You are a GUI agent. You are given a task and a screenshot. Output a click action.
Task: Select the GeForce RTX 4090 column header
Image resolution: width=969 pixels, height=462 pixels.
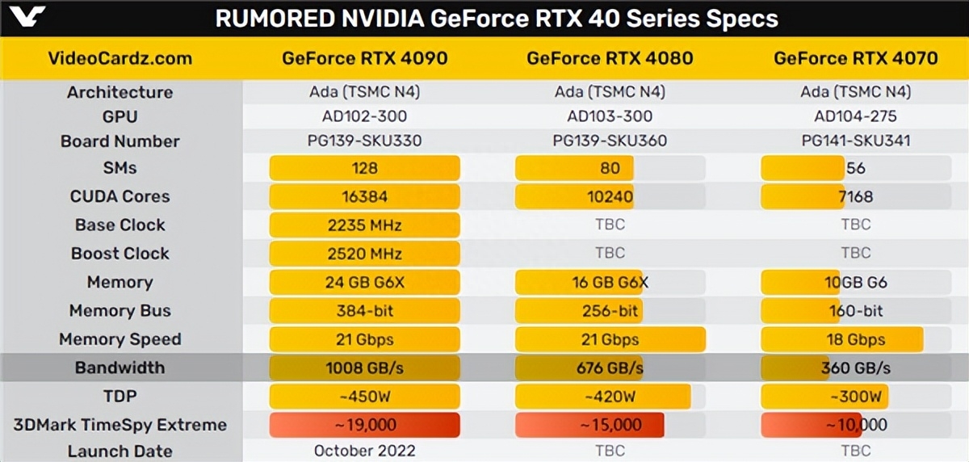pos(364,58)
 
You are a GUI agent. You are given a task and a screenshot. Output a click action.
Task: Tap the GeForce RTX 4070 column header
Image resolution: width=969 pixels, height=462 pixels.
pos(855,58)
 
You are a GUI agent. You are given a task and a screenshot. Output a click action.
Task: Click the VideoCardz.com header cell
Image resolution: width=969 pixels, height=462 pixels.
pos(120,58)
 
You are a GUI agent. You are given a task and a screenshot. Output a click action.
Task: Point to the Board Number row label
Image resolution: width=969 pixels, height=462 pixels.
pos(120,141)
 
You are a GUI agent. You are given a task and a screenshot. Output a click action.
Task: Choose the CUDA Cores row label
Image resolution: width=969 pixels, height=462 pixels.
pos(120,196)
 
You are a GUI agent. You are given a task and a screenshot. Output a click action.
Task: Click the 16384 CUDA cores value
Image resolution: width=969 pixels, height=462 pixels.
pos(364,196)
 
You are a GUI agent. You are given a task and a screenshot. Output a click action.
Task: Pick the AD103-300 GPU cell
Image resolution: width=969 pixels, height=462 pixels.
pos(610,115)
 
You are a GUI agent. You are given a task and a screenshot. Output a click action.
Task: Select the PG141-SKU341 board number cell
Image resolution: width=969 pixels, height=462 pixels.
pos(856,141)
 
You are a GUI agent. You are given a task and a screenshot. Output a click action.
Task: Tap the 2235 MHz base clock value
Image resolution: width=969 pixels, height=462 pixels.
pos(364,225)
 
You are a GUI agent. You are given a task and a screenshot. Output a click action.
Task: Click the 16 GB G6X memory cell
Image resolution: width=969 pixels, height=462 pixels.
pos(610,283)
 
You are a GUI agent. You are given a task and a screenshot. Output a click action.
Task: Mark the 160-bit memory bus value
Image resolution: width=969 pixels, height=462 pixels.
pos(856,311)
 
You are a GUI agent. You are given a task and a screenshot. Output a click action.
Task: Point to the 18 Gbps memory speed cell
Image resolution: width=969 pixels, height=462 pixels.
pos(856,339)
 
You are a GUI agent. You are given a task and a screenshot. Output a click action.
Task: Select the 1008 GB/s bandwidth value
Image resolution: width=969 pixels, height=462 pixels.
pos(364,368)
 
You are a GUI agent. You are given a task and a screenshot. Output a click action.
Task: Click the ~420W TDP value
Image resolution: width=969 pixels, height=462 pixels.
pos(610,397)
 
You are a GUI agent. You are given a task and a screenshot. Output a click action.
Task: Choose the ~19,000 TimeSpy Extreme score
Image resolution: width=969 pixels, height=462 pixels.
pos(364,425)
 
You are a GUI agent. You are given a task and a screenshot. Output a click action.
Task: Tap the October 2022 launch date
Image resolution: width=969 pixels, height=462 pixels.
pos(364,451)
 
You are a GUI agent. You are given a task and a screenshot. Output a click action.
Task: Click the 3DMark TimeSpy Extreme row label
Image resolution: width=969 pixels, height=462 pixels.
pos(120,425)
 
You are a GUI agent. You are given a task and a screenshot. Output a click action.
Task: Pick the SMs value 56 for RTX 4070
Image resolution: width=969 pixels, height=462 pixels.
pos(856,168)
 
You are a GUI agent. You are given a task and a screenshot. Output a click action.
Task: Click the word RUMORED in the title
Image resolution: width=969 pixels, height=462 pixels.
pos(266,19)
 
